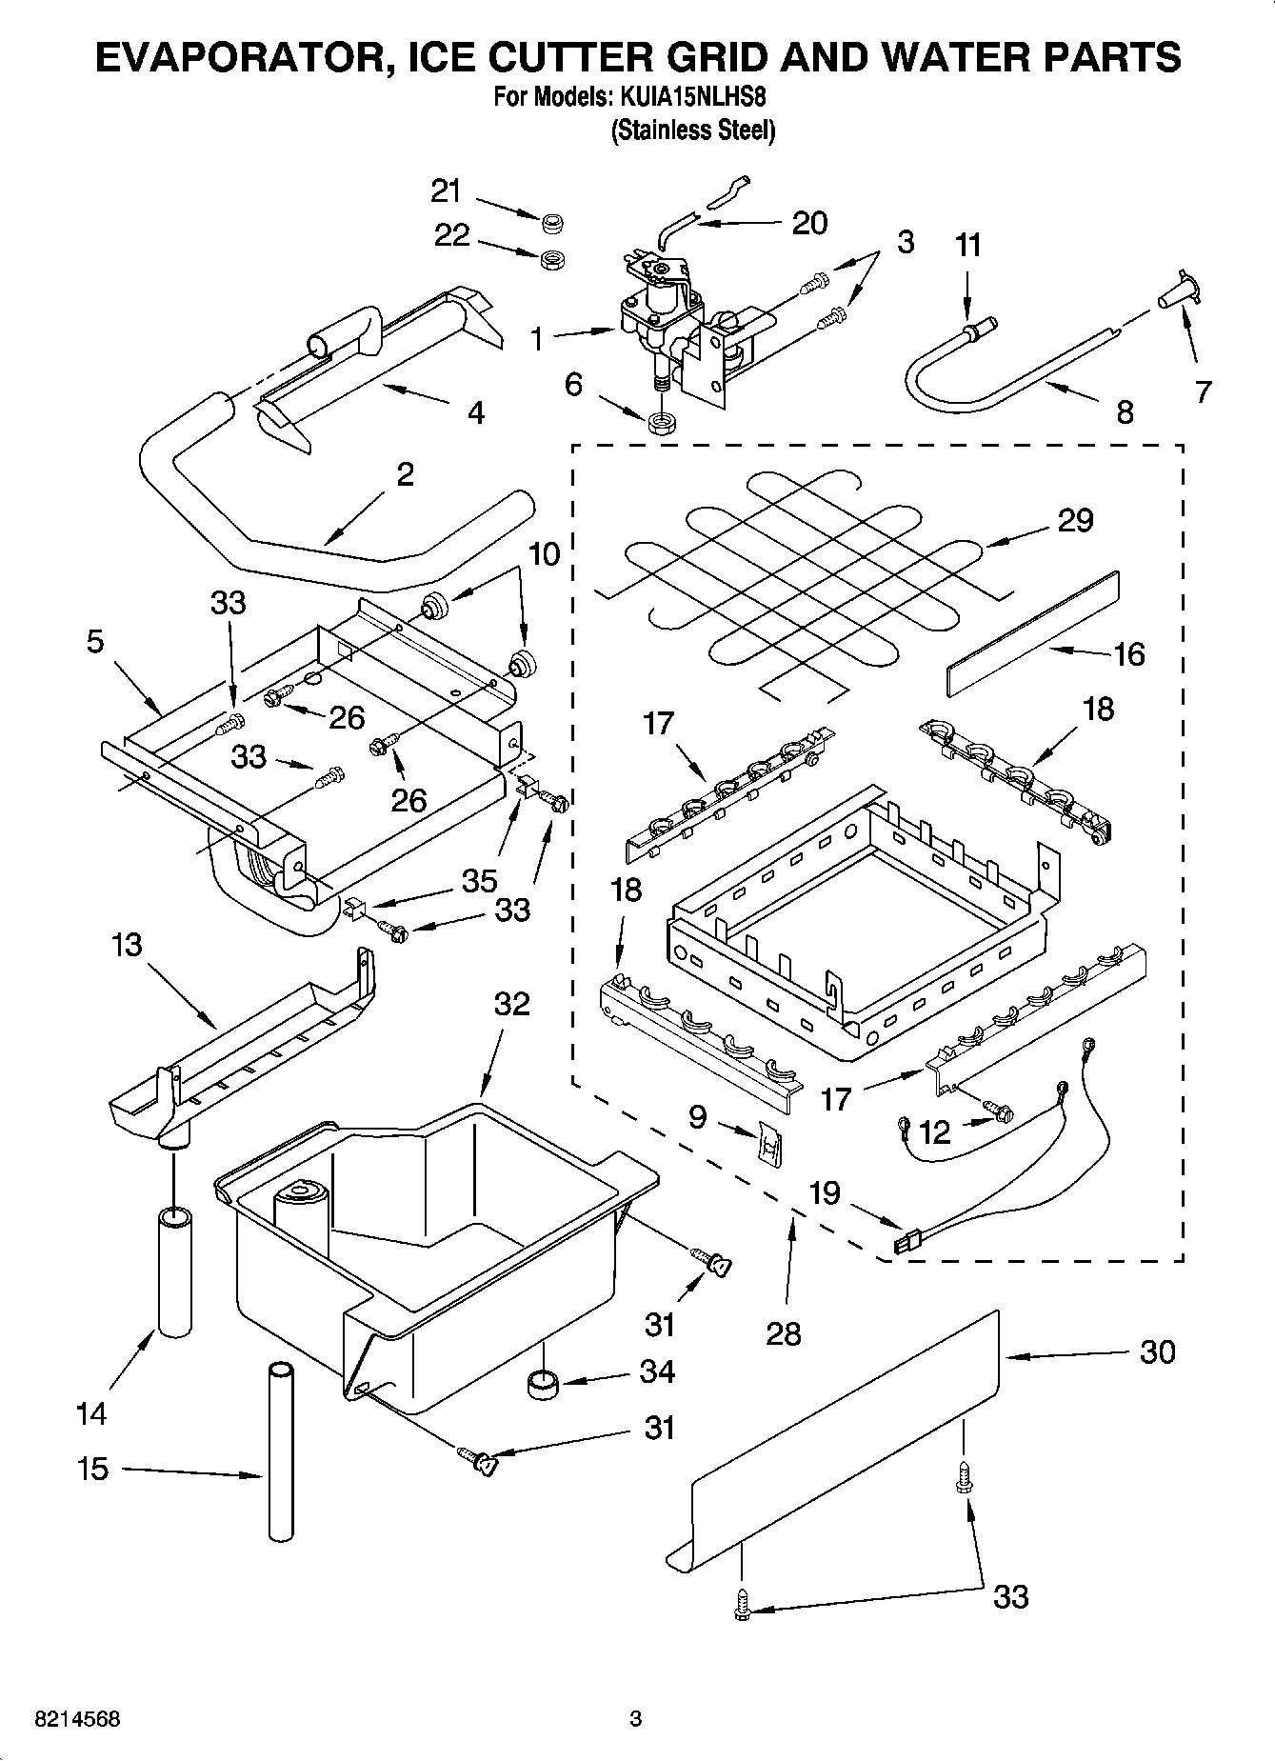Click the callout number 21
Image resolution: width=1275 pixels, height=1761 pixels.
point(446,191)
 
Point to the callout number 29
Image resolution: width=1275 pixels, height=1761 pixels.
point(1075,520)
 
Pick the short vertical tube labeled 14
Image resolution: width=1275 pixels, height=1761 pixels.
point(174,1271)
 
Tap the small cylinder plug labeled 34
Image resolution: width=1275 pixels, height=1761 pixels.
point(543,1382)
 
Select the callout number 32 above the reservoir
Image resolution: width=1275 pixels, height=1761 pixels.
point(511,1003)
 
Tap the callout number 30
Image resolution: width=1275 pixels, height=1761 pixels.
point(1157,1351)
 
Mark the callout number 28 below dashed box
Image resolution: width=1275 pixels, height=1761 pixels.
point(783,1333)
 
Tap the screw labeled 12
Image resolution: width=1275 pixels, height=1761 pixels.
point(1000,1111)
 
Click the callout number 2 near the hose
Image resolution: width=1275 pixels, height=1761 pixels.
point(405,474)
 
